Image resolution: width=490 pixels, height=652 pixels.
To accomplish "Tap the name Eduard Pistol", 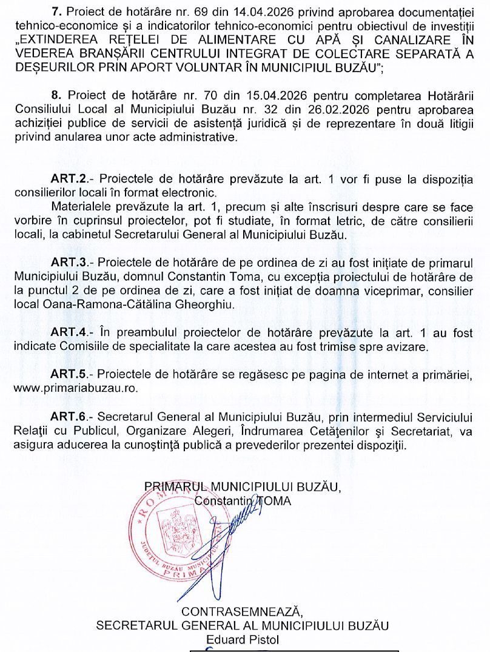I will (242, 639).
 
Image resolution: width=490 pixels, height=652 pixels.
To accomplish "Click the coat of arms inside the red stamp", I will (178, 525).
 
